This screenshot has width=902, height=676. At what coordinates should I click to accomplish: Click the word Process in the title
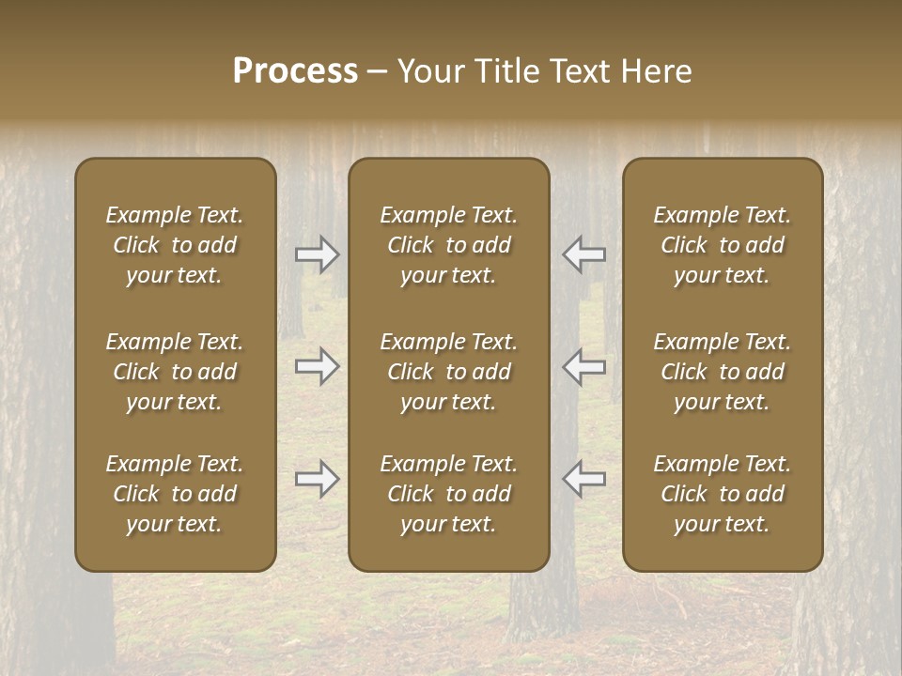[x=295, y=71]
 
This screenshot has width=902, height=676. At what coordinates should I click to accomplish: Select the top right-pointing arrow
[x=317, y=254]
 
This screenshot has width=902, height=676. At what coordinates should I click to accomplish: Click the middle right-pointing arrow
[x=317, y=367]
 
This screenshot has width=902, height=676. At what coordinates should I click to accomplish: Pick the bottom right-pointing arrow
[x=317, y=479]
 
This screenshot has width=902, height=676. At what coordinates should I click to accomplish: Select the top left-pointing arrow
[x=583, y=254]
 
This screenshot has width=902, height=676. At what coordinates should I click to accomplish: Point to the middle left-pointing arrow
[x=583, y=367]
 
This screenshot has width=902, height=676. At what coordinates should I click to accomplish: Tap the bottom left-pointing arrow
[x=583, y=479]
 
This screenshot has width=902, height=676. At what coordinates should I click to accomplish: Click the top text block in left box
[x=175, y=245]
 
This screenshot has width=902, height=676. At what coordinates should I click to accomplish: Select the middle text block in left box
[x=175, y=372]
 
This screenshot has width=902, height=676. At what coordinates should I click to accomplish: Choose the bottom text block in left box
[x=175, y=494]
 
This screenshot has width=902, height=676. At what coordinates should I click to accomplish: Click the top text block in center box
[x=448, y=245]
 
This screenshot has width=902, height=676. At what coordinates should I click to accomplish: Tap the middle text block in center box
[x=448, y=372]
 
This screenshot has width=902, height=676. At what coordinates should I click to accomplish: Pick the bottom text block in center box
[x=448, y=494]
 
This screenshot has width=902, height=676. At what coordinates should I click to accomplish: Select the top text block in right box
[x=722, y=245]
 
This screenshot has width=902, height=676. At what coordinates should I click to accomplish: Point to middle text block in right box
[x=722, y=372]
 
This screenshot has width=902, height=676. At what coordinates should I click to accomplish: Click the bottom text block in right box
[x=722, y=494]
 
